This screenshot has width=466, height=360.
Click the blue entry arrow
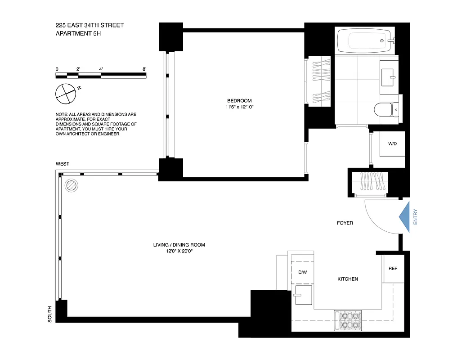click(x=405, y=217)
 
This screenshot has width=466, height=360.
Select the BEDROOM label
click(x=239, y=101)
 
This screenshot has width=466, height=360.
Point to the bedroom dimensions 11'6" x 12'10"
click(x=239, y=107)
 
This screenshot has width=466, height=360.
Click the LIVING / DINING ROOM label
click(x=179, y=245)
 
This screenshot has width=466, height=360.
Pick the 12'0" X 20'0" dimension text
click(x=179, y=251)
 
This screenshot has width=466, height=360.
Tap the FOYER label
click(x=345, y=223)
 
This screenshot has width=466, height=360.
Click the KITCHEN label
click(x=348, y=279)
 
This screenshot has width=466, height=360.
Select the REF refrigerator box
click(x=393, y=269)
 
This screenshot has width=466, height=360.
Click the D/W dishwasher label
click(x=302, y=272)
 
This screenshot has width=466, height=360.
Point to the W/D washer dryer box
click(x=393, y=144)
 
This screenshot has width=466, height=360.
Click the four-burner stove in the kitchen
click(x=349, y=320)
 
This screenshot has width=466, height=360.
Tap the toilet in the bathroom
click(x=386, y=108)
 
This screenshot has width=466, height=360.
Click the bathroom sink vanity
click(x=389, y=77)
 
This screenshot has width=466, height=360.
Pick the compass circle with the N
click(x=64, y=93)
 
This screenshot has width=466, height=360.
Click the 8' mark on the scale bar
click(x=144, y=69)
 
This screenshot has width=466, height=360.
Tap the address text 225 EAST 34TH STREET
click(x=90, y=25)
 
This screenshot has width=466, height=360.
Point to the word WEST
click(x=63, y=164)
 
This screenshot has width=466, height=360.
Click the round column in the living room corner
click(x=72, y=184)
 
